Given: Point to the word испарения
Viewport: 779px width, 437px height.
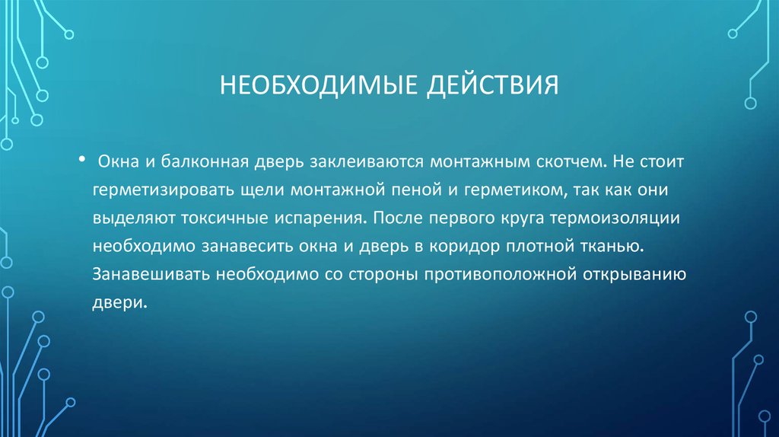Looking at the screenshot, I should (318, 218).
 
